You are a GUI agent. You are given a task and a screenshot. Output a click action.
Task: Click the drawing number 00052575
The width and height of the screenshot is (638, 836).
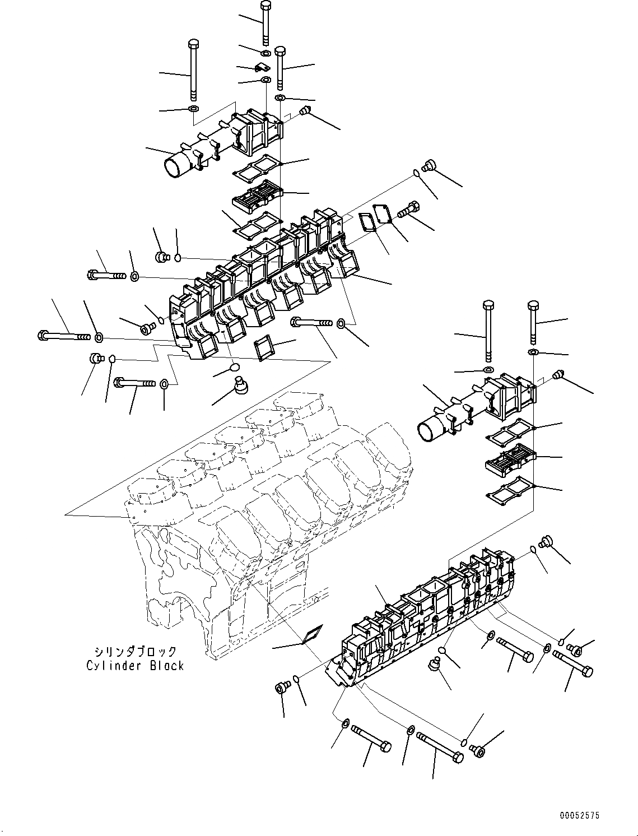tap(579, 816)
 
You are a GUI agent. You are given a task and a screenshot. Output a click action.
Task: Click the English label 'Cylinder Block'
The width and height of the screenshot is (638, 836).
tap(135, 666)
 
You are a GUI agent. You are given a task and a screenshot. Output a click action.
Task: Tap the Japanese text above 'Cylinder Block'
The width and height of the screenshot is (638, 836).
tap(135, 652)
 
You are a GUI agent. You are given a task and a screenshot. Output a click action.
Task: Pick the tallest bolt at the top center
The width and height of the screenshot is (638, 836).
tap(266, 25)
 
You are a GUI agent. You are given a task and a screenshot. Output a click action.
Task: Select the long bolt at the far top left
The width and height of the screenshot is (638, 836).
tap(193, 70)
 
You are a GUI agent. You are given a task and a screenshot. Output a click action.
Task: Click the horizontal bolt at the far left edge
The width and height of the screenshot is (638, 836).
tap(64, 336)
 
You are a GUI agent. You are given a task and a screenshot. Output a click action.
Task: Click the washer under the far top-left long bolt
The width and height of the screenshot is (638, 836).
tap(193, 108)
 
